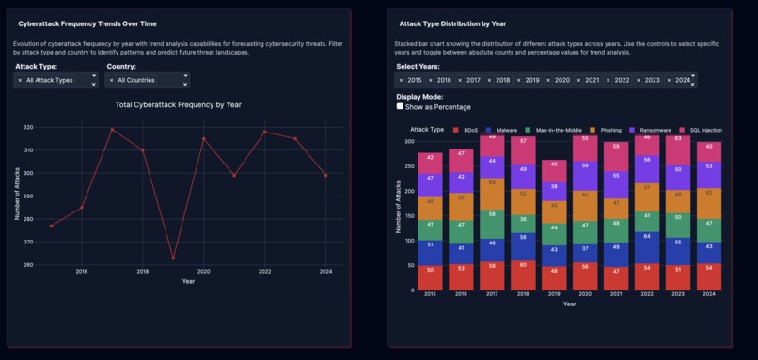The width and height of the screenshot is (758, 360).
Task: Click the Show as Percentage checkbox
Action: [400, 107]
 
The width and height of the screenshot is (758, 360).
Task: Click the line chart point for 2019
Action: [173, 258]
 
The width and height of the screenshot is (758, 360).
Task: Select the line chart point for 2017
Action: [112, 130]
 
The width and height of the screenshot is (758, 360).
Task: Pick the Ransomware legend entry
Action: [653, 130]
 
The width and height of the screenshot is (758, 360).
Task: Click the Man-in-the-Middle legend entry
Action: [558, 130]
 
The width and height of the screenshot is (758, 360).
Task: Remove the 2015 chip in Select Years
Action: [401, 81]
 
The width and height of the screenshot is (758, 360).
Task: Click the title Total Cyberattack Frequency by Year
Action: [178, 105]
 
